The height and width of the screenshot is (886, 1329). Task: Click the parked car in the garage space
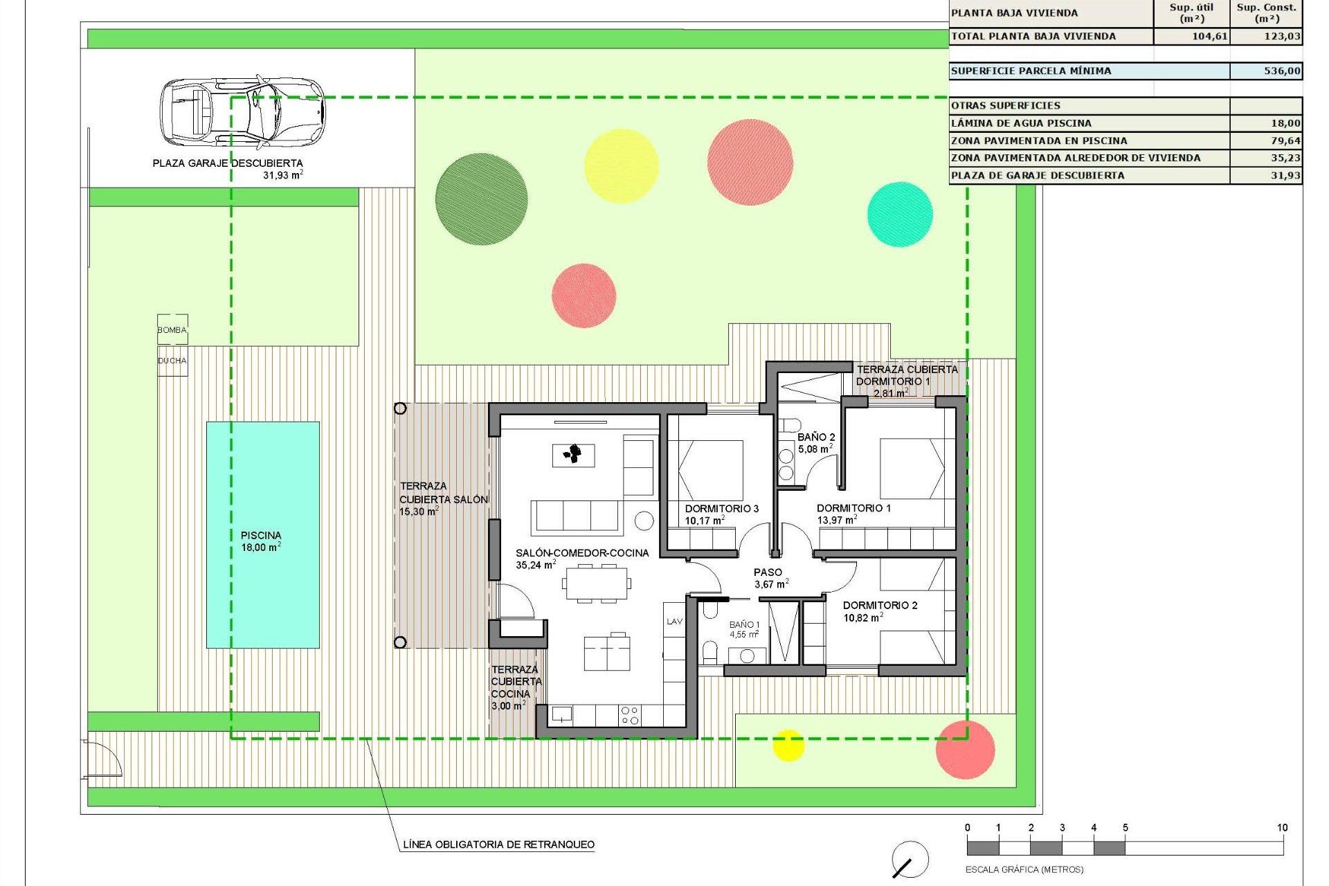[x=242, y=111]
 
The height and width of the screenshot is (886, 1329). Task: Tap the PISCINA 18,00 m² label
[x=261, y=541]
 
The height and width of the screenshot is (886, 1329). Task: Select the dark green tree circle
[x=481, y=199]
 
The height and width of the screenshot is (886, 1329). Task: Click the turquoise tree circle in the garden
[x=900, y=214]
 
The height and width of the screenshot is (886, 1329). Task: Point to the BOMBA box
[x=172, y=329]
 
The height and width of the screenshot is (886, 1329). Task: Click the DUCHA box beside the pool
[x=172, y=361]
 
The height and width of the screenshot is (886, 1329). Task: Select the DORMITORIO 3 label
[x=721, y=509]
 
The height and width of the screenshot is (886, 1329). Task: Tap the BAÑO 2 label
[x=816, y=437]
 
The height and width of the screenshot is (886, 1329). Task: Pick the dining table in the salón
[x=597, y=583]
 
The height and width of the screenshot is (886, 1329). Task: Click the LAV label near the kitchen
[x=674, y=622]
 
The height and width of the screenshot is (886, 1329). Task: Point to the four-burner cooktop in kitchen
[x=629, y=715]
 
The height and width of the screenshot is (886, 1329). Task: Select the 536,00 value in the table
[x=1281, y=71]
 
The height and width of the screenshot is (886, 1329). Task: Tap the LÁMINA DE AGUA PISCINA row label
[x=1021, y=123]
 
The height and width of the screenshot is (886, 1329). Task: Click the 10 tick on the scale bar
[x=1282, y=828]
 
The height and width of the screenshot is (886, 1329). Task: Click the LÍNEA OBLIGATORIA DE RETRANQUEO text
[x=498, y=844]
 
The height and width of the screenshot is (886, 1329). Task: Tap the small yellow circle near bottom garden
[x=788, y=745]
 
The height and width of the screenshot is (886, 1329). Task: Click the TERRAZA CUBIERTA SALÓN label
[x=443, y=498]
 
